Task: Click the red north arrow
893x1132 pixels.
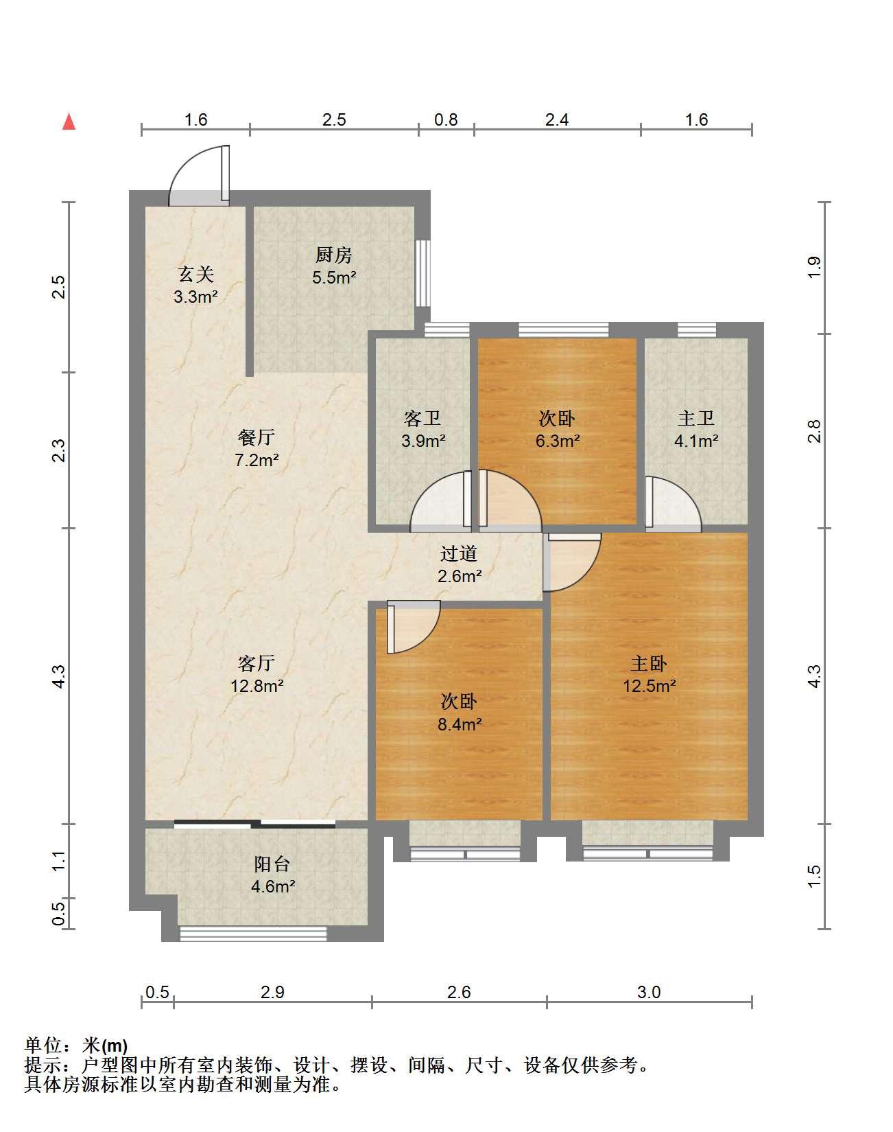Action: [69, 122]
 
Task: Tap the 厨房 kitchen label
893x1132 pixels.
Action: [334, 255]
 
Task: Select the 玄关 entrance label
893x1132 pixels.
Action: [196, 275]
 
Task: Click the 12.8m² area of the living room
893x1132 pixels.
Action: [257, 685]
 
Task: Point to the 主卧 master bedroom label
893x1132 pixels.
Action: [649, 663]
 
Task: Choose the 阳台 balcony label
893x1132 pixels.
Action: [272, 864]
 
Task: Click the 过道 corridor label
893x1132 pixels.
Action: [459, 553]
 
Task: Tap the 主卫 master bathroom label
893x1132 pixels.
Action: [696, 418]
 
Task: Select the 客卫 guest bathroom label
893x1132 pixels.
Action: [422, 418]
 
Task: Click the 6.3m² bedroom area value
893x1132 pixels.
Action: [558, 441]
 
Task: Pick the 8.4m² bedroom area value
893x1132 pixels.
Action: [460, 724]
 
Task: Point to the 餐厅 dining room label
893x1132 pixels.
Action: [257, 437]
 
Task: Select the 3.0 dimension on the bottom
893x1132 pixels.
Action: [649, 992]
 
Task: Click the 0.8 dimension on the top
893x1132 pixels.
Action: [446, 119]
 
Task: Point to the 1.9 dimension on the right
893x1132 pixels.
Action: [814, 267]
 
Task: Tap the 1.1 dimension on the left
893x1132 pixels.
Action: [59, 861]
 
